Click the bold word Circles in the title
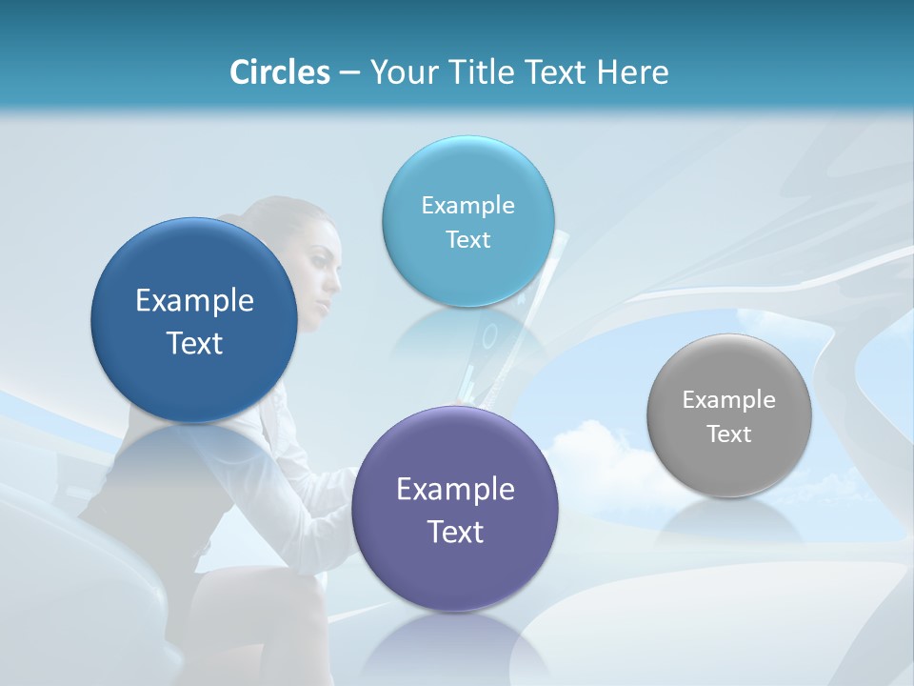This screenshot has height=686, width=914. click(x=280, y=72)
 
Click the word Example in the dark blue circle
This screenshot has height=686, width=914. click(x=194, y=301)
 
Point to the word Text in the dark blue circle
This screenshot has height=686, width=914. click(x=194, y=343)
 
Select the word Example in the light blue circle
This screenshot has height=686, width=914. click(x=468, y=206)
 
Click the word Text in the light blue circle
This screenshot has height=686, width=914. click(x=468, y=240)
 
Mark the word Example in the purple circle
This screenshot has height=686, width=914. click(x=455, y=490)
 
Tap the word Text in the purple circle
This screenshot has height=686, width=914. click(x=455, y=532)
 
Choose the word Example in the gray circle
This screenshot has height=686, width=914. click(x=728, y=400)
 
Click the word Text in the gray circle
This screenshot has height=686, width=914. click(x=728, y=434)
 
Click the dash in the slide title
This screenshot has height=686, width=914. click(x=349, y=73)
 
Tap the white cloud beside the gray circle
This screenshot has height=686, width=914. click(x=600, y=457)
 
